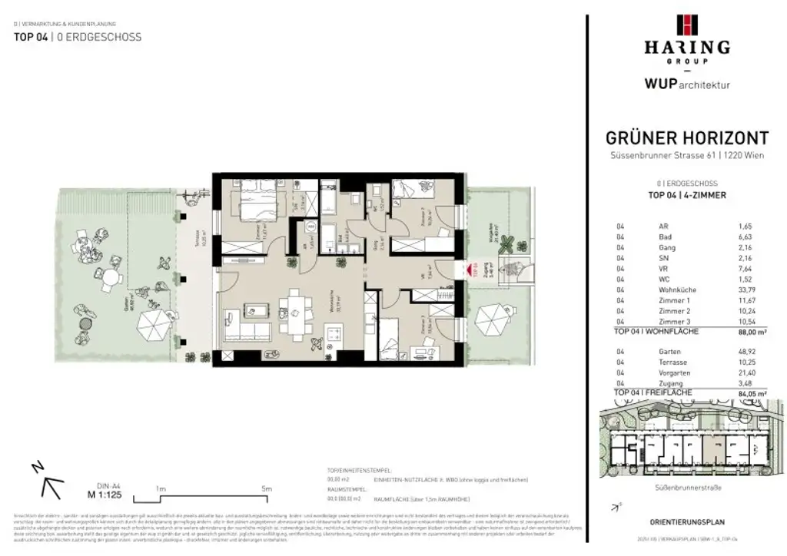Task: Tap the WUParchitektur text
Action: point(686,84)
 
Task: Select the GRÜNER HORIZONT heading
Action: point(687,139)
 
